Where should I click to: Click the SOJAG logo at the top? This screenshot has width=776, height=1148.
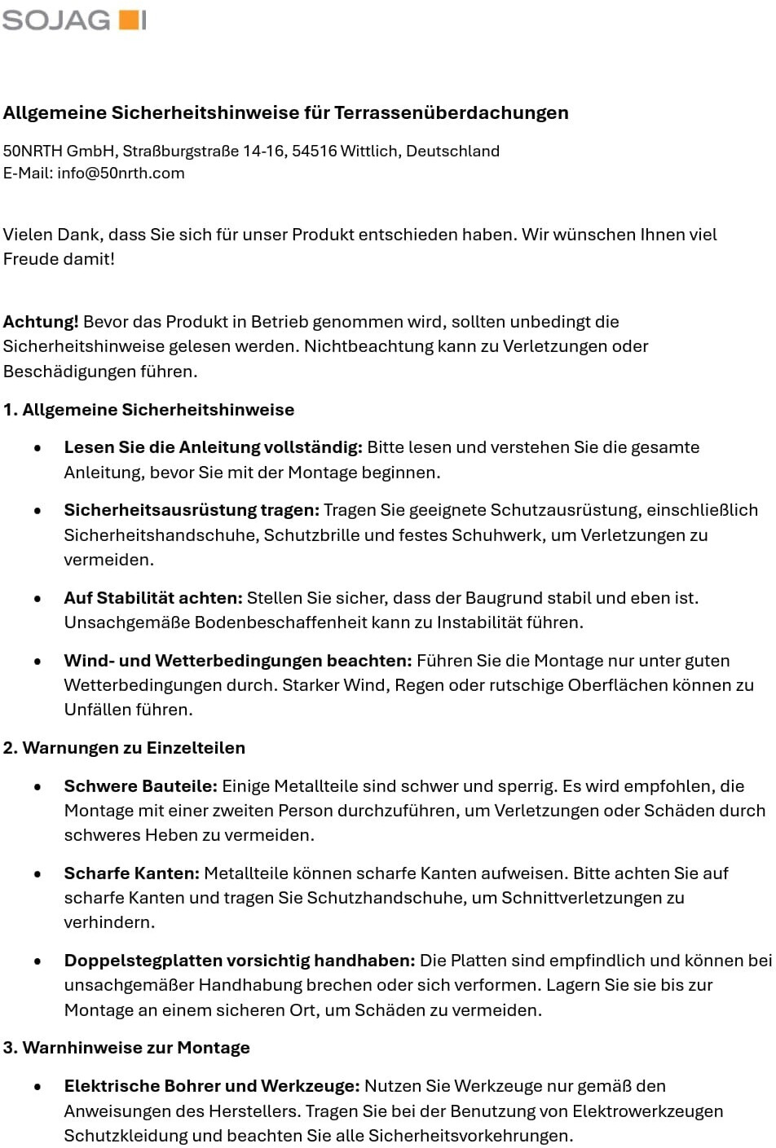pos(73,20)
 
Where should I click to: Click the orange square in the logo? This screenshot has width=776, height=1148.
pos(128,20)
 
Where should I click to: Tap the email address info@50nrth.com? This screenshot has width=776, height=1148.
pos(121,173)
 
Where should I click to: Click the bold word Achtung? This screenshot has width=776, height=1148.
pos(41,322)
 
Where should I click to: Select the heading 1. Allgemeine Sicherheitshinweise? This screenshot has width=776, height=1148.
pos(148,410)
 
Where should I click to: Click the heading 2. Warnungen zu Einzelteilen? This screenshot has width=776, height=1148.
pos(124,748)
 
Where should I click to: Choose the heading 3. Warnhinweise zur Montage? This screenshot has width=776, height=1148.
pos(126,1048)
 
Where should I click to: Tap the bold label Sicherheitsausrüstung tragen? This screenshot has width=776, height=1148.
pos(192,510)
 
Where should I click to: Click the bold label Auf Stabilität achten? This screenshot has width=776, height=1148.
pos(153,598)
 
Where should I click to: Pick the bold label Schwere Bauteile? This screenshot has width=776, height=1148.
pos(141,786)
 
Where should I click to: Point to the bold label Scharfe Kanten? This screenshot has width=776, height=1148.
pos(132,873)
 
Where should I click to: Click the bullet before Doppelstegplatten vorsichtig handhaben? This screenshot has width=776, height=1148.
pos(37,961)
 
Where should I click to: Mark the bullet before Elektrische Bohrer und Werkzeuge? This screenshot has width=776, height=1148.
pos(37,1087)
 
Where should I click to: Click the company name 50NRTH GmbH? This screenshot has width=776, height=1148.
pos(60,151)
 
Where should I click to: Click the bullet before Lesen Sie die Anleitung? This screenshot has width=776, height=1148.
pos(37,448)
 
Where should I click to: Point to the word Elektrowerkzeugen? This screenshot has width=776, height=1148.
pos(647,1111)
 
